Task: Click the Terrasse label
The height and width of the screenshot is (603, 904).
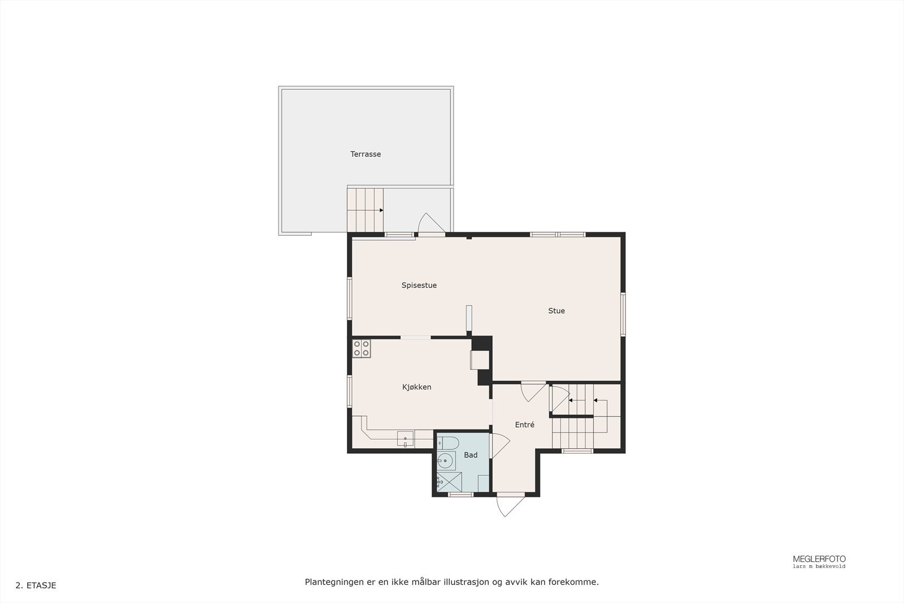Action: tap(366, 154)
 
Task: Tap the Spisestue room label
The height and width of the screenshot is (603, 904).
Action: tap(419, 285)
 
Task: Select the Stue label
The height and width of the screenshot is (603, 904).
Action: tap(556, 311)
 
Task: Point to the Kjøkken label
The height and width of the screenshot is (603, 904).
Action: tap(416, 387)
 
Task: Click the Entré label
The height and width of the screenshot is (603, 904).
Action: tap(524, 425)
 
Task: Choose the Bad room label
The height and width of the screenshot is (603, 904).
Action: tap(470, 455)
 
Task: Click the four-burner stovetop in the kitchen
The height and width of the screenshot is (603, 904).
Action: tap(362, 348)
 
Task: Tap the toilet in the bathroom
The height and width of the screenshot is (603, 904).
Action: tap(447, 442)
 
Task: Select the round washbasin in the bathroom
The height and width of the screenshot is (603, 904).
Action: tap(446, 461)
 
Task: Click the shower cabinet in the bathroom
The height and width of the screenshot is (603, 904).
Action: tap(449, 482)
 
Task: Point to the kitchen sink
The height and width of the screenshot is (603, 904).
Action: tap(405, 438)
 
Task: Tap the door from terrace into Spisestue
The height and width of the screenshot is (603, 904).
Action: tap(431, 224)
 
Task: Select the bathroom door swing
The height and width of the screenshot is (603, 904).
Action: tap(500, 445)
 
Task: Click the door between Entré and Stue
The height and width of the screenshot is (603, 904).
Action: tap(533, 391)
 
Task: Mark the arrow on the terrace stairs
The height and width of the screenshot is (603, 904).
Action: tap(382, 210)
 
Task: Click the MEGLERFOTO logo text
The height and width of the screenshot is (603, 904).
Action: tap(819, 559)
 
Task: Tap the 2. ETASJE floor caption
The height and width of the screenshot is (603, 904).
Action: tap(36, 585)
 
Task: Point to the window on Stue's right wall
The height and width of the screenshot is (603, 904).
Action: tap(623, 314)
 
